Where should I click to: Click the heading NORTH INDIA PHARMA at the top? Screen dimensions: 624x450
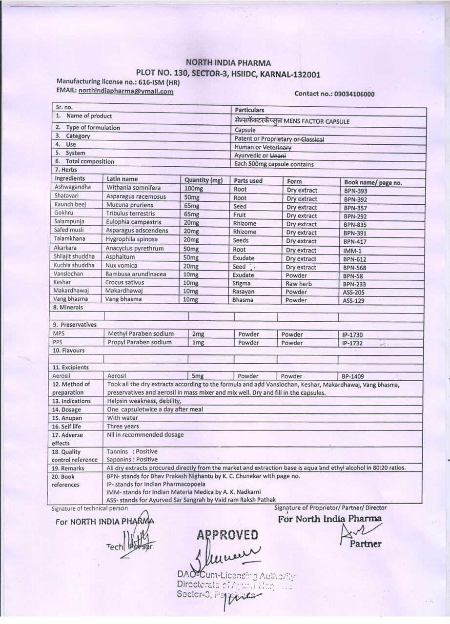(x=228, y=63)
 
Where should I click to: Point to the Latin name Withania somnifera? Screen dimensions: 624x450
(x=134, y=188)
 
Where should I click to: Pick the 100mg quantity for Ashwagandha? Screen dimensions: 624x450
(x=193, y=189)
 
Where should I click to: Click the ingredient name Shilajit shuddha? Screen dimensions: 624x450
(x=75, y=257)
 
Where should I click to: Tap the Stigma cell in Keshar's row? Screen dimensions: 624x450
(x=242, y=283)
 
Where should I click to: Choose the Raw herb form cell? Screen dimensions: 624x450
(x=299, y=284)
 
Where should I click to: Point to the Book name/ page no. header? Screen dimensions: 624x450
(x=373, y=182)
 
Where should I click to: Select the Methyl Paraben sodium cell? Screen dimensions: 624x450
(x=141, y=334)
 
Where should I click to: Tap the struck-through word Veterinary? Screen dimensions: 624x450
(x=277, y=147)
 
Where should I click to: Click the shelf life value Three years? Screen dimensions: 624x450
(x=123, y=427)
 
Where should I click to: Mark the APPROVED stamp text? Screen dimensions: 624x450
(x=227, y=535)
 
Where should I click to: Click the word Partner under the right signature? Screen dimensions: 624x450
(x=365, y=544)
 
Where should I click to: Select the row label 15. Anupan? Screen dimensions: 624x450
(x=67, y=418)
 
